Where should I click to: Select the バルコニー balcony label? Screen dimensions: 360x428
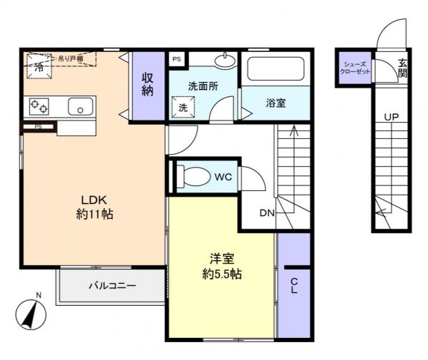[112, 285]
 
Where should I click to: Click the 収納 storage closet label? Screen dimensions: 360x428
[148, 85]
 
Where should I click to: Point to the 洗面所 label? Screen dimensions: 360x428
[203, 86]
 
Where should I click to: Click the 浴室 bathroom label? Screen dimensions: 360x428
[276, 103]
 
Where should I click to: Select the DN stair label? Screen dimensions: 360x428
[267, 212]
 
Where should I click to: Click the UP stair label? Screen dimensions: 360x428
[392, 115]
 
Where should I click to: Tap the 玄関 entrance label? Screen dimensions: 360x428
[403, 68]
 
